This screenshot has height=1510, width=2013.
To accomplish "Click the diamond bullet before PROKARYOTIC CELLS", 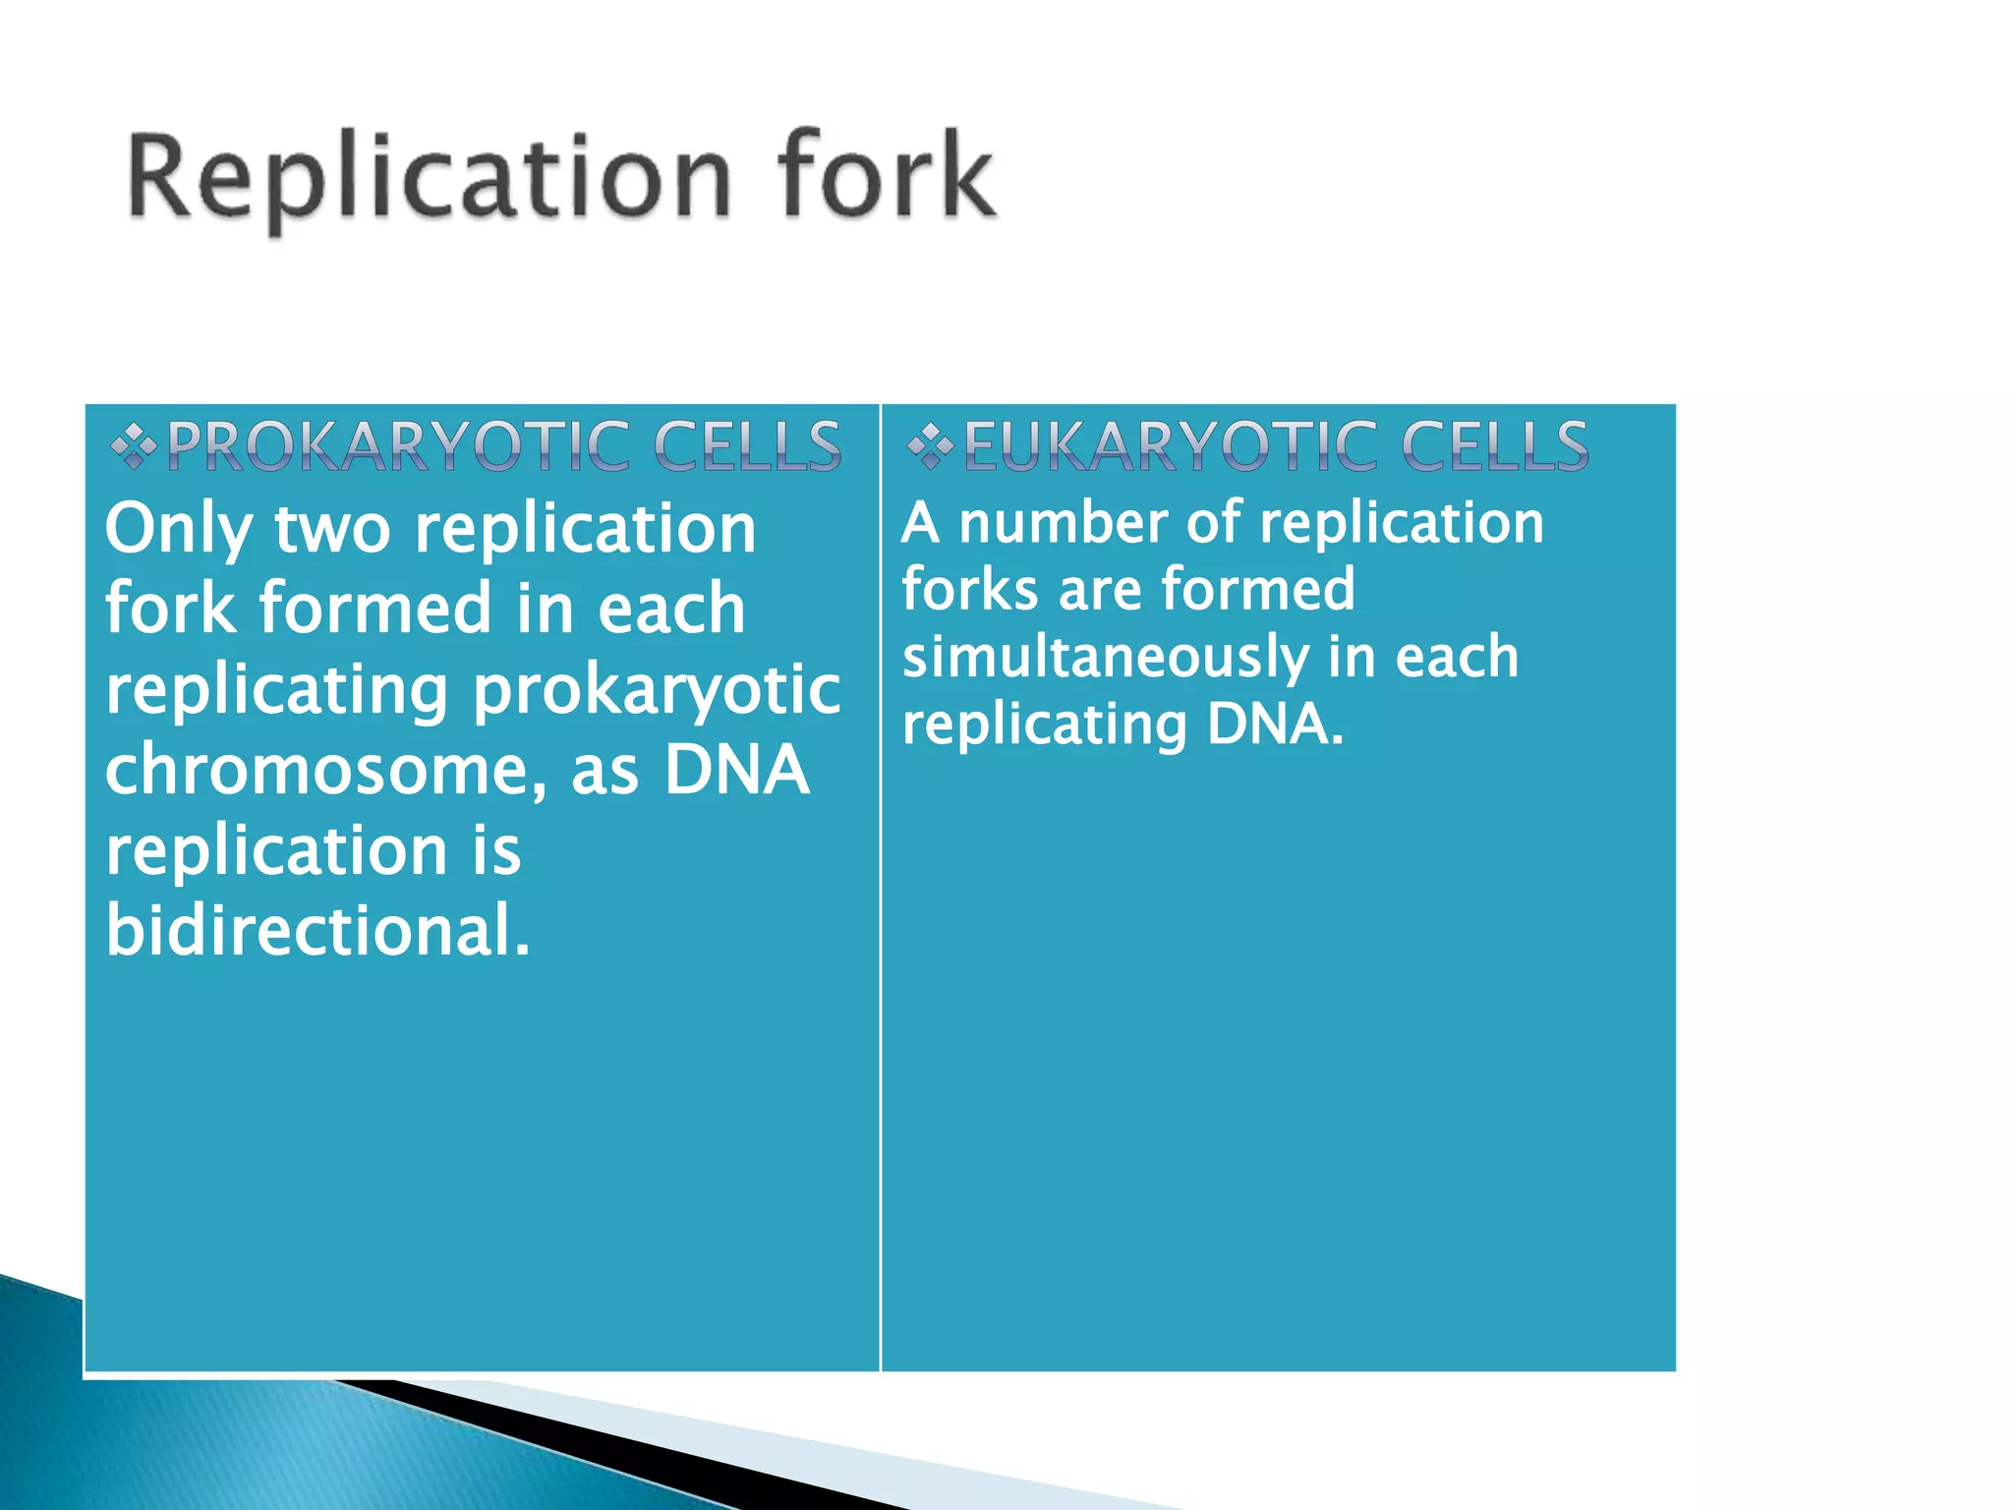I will pos(134,447).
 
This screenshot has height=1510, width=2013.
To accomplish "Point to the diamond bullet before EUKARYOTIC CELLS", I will pos(930,447).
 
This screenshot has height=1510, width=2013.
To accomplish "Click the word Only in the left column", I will pos(179,531).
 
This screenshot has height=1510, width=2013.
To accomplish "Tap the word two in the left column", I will pos(332,531).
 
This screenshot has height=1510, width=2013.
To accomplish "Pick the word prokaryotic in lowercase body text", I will pos(657,690).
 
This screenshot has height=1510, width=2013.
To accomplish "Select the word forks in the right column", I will pos(970,589).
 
